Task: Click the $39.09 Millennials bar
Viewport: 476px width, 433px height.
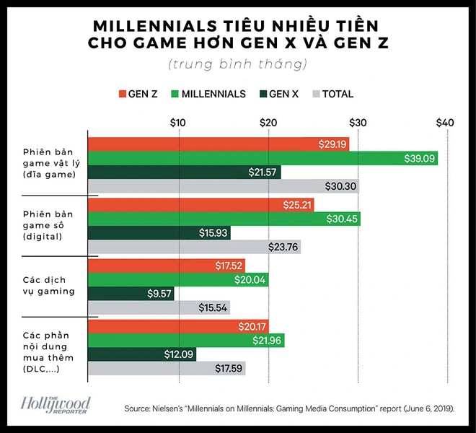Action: pyautogui.click(x=263, y=158)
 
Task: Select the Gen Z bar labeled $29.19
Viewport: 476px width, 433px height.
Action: pyautogui.click(x=218, y=144)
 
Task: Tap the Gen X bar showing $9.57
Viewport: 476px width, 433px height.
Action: pyautogui.click(x=131, y=294)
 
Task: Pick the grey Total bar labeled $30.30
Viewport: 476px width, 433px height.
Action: pyautogui.click(x=223, y=185)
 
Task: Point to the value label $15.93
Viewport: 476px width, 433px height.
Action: pyautogui.click(x=213, y=232)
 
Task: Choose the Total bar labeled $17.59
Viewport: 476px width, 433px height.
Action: pyautogui.click(x=166, y=368)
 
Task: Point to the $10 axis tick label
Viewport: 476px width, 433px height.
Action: pyautogui.click(x=179, y=123)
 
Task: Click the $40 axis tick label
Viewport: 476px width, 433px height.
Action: pyautogui.click(x=445, y=123)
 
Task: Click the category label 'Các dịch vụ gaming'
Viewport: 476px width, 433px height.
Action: pyautogui.click(x=48, y=286)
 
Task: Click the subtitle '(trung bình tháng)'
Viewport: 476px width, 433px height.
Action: pyautogui.click(x=238, y=64)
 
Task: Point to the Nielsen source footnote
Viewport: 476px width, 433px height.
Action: pyautogui.click(x=288, y=408)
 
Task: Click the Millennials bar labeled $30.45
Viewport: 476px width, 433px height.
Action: pyautogui.click(x=224, y=219)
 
